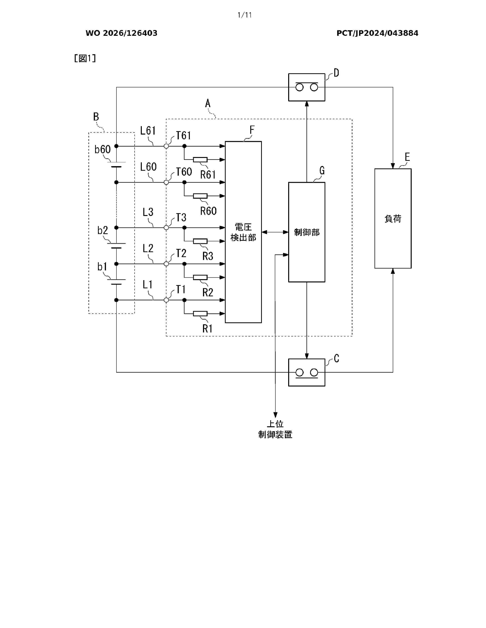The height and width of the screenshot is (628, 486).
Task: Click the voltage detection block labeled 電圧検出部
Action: coord(243,232)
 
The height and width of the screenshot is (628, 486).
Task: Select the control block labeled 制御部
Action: coord(307,232)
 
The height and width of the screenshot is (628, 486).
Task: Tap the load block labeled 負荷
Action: coord(393,218)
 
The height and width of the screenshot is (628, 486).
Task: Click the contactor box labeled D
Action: coord(307,87)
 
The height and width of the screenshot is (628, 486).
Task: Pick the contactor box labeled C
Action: coord(307,372)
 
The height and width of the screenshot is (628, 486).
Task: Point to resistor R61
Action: coord(200,160)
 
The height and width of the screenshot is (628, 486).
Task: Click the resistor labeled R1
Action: coord(200,313)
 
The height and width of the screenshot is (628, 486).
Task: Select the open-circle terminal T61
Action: coord(166,146)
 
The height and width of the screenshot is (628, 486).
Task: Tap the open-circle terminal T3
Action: coord(166,227)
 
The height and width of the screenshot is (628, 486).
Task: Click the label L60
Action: coord(148,167)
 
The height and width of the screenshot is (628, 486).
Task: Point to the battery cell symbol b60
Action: coord(116,164)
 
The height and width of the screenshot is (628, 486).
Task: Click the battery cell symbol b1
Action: coord(116,282)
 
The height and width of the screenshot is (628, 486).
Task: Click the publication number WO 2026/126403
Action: coord(122,33)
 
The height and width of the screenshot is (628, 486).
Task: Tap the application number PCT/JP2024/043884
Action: coord(377,33)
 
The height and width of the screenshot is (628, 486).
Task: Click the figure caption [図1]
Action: coord(85,58)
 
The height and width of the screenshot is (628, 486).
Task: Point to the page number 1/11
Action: coord(245,15)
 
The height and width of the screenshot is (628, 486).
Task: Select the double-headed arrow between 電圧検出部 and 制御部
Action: coord(275,232)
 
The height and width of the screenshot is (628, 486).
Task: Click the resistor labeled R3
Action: coord(200,241)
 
